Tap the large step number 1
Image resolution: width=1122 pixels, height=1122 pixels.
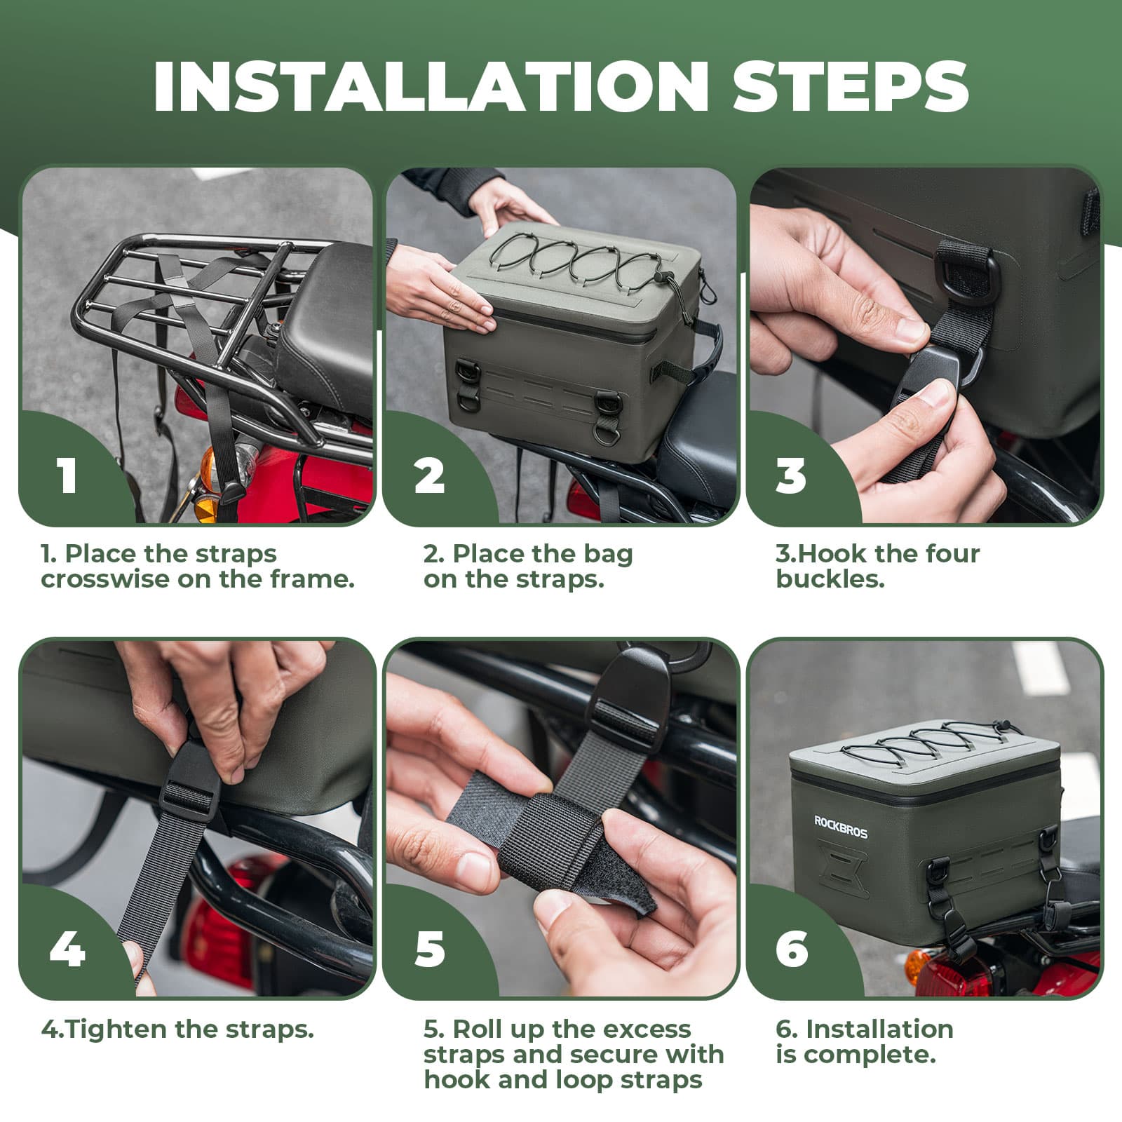[67, 475]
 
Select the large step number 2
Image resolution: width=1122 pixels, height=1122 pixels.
[429, 475]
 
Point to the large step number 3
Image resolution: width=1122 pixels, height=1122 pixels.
[791, 475]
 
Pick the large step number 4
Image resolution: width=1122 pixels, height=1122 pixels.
[67, 949]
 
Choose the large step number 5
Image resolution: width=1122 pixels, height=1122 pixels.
[429, 949]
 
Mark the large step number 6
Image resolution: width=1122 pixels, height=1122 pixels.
[792, 949]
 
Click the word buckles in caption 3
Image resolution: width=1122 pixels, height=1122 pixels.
[830, 580]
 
